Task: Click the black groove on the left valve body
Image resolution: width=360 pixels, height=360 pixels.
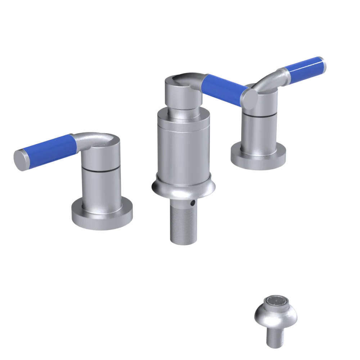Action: (100, 168)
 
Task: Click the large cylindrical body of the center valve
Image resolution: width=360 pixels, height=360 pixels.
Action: (183, 148)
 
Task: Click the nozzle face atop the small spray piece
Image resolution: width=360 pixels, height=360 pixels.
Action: (275, 302)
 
